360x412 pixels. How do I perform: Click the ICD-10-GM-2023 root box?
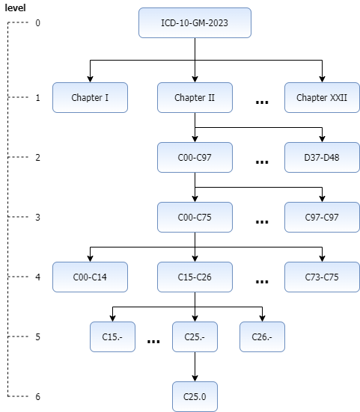[x=195, y=23]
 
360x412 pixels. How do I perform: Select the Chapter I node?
[x=90, y=98]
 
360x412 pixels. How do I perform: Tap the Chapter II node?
[x=195, y=98]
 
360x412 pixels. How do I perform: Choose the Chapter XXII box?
[x=322, y=98]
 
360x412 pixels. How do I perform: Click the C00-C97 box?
[x=195, y=158]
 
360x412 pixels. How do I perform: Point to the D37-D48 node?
[x=322, y=158]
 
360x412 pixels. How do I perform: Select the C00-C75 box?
[x=195, y=218]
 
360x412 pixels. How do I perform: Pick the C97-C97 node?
[x=322, y=218]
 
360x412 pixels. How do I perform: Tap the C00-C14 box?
[x=90, y=277]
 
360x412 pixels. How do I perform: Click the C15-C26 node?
[x=195, y=277]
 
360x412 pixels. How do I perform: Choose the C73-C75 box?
[x=322, y=277]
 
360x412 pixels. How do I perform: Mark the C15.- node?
[x=112, y=337]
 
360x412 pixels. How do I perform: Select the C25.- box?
[x=195, y=337]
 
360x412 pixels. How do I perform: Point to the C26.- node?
[x=262, y=337]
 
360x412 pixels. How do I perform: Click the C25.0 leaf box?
[x=195, y=397]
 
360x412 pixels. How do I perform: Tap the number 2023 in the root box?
[x=219, y=23]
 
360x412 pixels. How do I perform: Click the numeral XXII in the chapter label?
[x=339, y=98]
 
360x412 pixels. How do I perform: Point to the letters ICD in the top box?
[x=168, y=23]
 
